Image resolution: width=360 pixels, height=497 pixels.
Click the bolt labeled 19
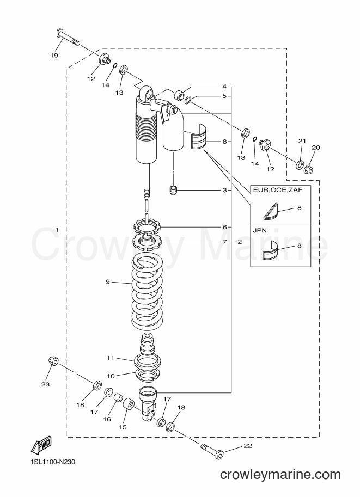(x=67, y=37)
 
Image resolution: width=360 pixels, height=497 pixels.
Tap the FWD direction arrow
(x=41, y=446)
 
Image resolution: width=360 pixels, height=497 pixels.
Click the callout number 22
(x=248, y=446)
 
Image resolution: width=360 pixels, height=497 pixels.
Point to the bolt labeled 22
(x=212, y=451)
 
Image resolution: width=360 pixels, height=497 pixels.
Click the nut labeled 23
(x=53, y=360)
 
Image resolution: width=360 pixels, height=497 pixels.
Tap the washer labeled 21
(x=300, y=165)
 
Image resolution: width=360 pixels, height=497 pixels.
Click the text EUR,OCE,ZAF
(x=277, y=190)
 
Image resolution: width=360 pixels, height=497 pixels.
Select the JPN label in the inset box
(x=259, y=231)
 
